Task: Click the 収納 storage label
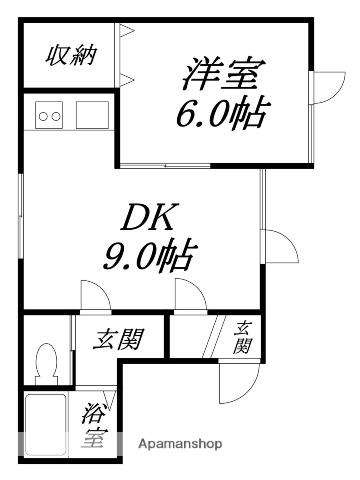(69, 56)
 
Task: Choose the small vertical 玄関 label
(243, 338)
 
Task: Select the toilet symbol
(45, 361)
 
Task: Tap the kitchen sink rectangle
(93, 116)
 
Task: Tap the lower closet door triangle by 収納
(126, 78)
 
